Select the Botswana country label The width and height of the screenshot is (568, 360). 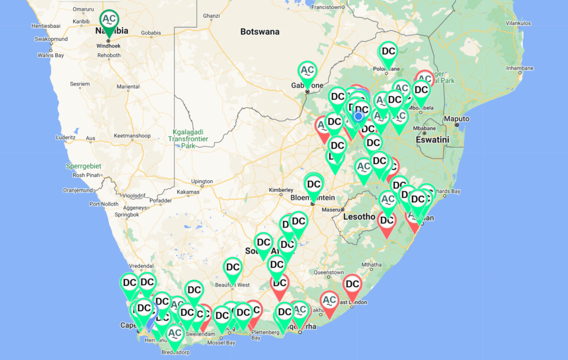[260, 32]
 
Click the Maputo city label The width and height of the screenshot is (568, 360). [457, 119]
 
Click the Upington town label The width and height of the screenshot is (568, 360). [202, 181]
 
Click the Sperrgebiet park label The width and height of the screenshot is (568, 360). [78, 166]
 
